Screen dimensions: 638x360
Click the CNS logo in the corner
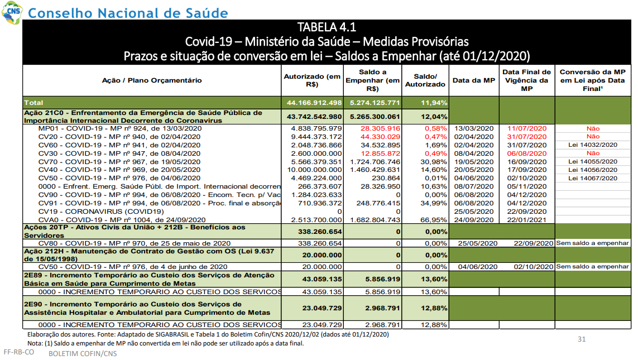coord(12,12)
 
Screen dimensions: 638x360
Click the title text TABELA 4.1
coord(327,27)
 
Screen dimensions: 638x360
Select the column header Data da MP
coord(474,80)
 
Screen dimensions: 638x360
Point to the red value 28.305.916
coord(380,128)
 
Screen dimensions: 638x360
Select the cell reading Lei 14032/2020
coord(593,145)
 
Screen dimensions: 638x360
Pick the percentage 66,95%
coord(434,220)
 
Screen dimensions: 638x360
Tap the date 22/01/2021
coord(527,220)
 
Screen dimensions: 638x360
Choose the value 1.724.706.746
coord(375,161)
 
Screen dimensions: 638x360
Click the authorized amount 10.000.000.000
coord(314,170)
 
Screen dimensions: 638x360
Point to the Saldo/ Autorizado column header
coord(425,80)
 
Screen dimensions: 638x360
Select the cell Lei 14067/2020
coord(593,178)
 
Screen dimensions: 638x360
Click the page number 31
coord(582,339)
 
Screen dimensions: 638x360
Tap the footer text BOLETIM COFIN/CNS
coord(83,353)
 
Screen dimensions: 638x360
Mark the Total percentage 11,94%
coord(434,103)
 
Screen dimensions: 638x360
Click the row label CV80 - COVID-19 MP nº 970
coord(135,243)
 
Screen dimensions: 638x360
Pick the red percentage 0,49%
coord(436,153)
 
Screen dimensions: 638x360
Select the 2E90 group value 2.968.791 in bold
coord(382,308)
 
